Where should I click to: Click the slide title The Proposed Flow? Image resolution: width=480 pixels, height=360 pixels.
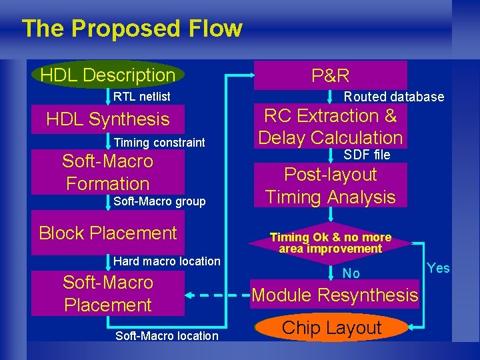(x=131, y=29)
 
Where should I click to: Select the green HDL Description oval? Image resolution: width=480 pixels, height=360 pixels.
(x=107, y=75)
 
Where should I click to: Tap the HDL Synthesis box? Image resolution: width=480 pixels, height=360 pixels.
(x=108, y=119)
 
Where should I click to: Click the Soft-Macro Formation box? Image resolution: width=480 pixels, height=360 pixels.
(x=108, y=172)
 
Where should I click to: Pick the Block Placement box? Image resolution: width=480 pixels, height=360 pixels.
(x=108, y=233)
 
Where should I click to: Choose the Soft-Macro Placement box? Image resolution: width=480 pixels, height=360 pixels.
(x=108, y=293)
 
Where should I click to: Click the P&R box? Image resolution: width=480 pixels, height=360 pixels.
(x=331, y=75)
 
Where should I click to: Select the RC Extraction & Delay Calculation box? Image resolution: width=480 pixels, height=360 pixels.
(x=331, y=127)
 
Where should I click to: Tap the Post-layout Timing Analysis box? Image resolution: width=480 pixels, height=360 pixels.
(x=331, y=185)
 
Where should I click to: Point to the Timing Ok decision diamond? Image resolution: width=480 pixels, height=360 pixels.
(x=331, y=243)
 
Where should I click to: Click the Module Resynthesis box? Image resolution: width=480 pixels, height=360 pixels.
(x=335, y=295)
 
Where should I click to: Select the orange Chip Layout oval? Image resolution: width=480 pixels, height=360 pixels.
(x=331, y=328)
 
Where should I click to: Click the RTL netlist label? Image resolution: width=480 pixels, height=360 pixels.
(x=141, y=97)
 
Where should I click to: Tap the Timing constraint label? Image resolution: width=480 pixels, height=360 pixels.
(x=159, y=142)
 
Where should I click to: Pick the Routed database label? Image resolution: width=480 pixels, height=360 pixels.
(x=393, y=97)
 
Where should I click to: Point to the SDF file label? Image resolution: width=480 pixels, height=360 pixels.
(x=367, y=155)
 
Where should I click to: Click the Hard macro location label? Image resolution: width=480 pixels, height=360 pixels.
(x=167, y=261)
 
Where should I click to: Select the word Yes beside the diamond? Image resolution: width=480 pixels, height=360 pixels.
(x=438, y=268)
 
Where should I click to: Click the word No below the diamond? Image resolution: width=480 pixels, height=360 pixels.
(x=351, y=273)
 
